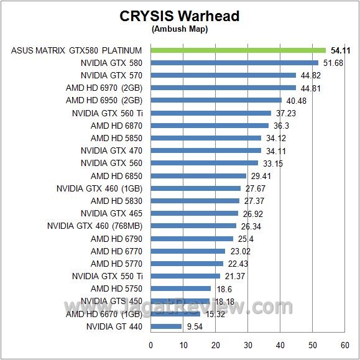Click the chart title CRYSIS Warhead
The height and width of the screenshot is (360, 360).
click(x=179, y=16)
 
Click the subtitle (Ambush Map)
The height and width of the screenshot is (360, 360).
click(x=179, y=29)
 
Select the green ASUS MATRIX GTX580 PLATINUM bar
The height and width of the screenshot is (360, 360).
click(x=238, y=50)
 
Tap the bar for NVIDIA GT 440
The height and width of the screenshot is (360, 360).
click(x=166, y=326)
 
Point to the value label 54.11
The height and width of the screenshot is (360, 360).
click(x=339, y=50)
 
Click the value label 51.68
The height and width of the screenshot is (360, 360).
click(x=331, y=63)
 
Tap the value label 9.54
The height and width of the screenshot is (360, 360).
click(x=193, y=326)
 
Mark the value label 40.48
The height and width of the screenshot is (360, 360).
click(x=295, y=100)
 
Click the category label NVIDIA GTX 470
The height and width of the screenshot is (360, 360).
click(x=111, y=150)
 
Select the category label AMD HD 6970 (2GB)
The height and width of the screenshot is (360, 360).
click(x=104, y=88)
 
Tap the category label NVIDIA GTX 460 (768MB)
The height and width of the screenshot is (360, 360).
click(x=95, y=226)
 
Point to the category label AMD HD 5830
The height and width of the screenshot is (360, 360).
click(x=116, y=201)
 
